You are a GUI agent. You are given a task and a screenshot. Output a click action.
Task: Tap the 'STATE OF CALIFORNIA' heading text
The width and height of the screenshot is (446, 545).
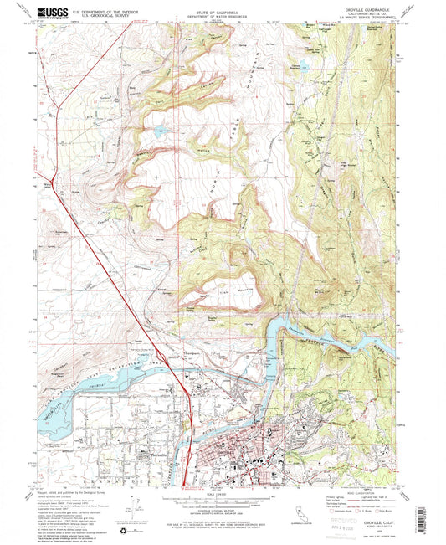point(223,9)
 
